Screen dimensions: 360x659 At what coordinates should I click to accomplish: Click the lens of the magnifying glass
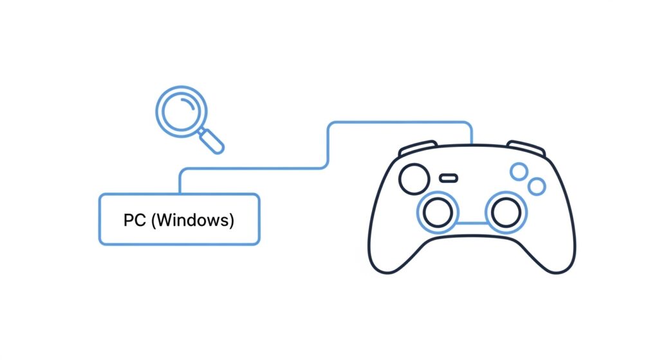181,111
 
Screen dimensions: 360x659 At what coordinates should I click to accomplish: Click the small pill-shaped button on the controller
449,177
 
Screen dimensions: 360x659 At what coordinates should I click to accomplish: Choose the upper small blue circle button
519,171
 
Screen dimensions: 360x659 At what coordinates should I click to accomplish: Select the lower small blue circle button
536,187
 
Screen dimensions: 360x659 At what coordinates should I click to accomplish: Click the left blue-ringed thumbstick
438,212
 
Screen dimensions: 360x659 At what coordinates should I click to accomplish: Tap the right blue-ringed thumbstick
506,212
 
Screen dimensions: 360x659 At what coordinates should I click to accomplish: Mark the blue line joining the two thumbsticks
472,223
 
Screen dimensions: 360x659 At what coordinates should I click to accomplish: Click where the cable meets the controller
472,143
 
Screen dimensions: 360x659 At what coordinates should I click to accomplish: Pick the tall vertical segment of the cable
329,145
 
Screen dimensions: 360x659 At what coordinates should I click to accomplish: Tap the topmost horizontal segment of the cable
399,122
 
